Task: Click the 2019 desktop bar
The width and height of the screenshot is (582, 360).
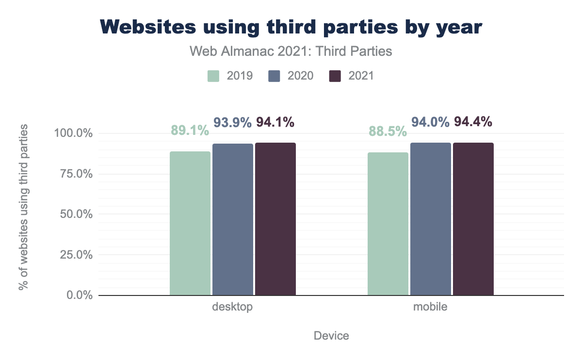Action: coord(190,223)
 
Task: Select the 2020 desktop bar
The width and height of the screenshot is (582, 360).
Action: coord(233,219)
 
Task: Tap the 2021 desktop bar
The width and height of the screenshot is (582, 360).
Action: coord(275,219)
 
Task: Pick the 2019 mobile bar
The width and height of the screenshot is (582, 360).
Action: coord(388,224)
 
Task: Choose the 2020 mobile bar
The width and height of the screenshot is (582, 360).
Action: coord(431,219)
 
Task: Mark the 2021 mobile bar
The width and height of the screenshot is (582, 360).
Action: coord(473,219)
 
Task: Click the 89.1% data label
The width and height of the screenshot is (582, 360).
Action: coord(190,131)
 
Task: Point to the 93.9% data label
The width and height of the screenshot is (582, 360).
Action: coord(233,123)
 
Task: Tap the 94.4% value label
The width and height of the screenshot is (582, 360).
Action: coord(473,122)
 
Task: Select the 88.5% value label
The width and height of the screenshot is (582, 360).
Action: coord(388,131)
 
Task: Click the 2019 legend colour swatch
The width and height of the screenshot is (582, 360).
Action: coord(214,76)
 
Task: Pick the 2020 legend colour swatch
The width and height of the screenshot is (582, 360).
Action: coord(275,76)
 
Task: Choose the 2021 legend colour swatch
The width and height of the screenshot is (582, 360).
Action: coord(335,76)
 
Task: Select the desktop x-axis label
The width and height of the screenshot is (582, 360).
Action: coord(233,307)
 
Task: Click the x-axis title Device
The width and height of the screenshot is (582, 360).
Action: coord(331,336)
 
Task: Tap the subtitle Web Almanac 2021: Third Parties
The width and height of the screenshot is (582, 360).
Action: coord(291,51)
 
